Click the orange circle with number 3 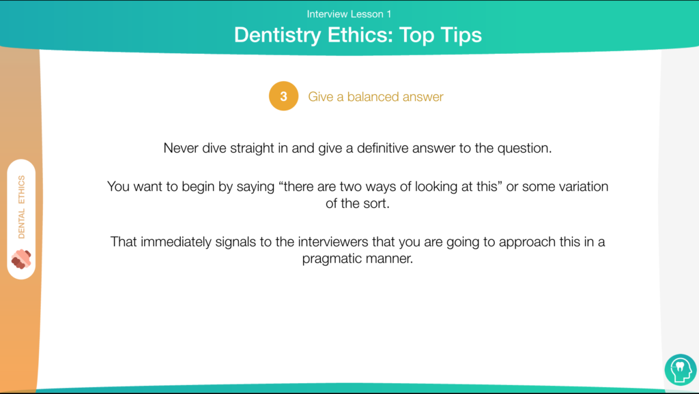[283, 96]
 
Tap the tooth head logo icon [681, 369]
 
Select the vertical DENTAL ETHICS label [21, 207]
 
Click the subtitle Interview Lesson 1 [349, 14]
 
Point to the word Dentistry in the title [277, 35]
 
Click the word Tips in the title [461, 35]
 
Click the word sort [377, 204]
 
